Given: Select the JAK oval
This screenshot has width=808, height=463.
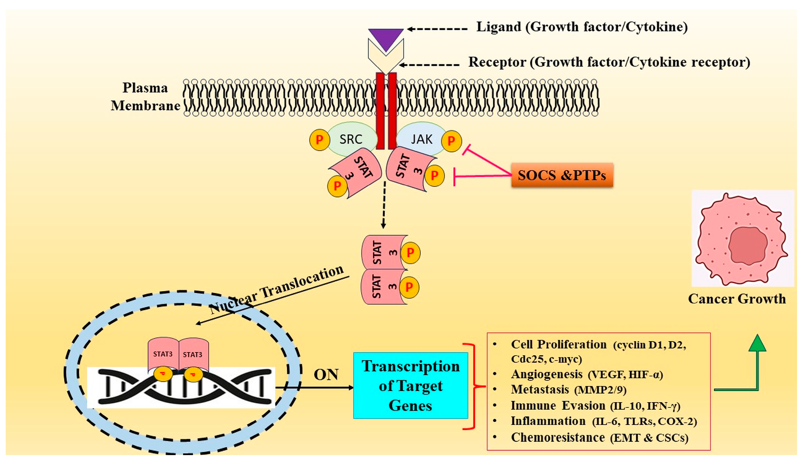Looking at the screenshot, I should click(x=421, y=139).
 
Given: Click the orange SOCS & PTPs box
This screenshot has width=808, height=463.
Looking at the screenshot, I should click(x=562, y=175).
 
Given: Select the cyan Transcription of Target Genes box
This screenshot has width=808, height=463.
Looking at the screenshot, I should click(x=411, y=385).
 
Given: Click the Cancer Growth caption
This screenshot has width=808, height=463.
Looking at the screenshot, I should click(x=737, y=299).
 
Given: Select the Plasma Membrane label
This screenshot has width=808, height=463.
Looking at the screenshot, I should click(x=145, y=97).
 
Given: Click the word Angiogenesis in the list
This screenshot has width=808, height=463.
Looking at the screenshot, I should click(x=547, y=374).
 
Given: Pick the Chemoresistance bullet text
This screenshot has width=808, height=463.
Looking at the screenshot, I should click(x=558, y=438).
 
